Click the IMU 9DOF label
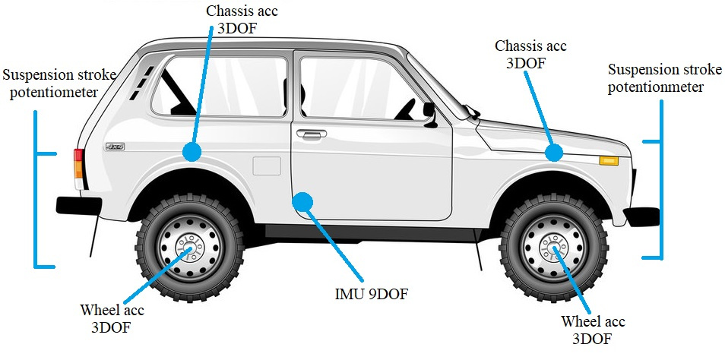(372, 295)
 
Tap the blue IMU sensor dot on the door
(302, 202)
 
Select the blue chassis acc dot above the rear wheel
(192, 152)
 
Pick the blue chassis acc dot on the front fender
(553, 153)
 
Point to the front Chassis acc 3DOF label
(530, 54)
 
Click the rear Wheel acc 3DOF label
(112, 318)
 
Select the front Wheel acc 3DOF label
(593, 330)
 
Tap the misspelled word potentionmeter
(656, 87)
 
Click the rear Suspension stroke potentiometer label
(59, 84)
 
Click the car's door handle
(311, 134)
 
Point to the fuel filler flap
(267, 166)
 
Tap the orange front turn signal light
(609, 161)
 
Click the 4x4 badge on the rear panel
(115, 147)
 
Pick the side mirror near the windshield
(430, 115)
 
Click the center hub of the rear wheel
(189, 248)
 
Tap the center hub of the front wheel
(552, 248)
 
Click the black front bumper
(641, 217)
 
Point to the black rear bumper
(78, 206)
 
